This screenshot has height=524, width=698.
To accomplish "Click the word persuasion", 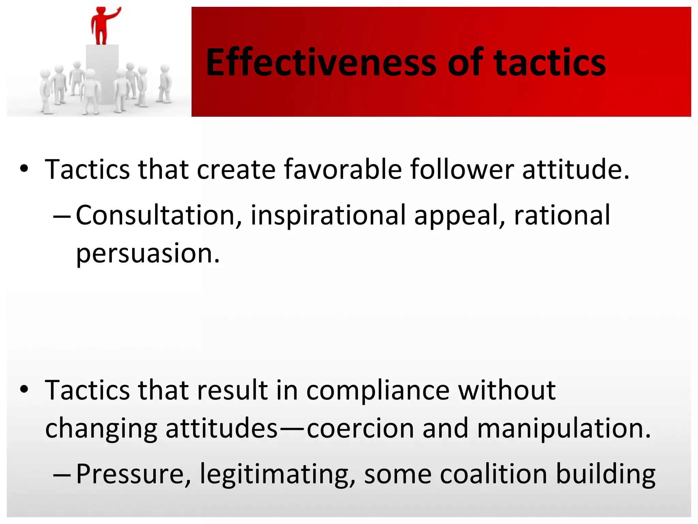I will (148, 253).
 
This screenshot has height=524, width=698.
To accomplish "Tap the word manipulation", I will (564, 429).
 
